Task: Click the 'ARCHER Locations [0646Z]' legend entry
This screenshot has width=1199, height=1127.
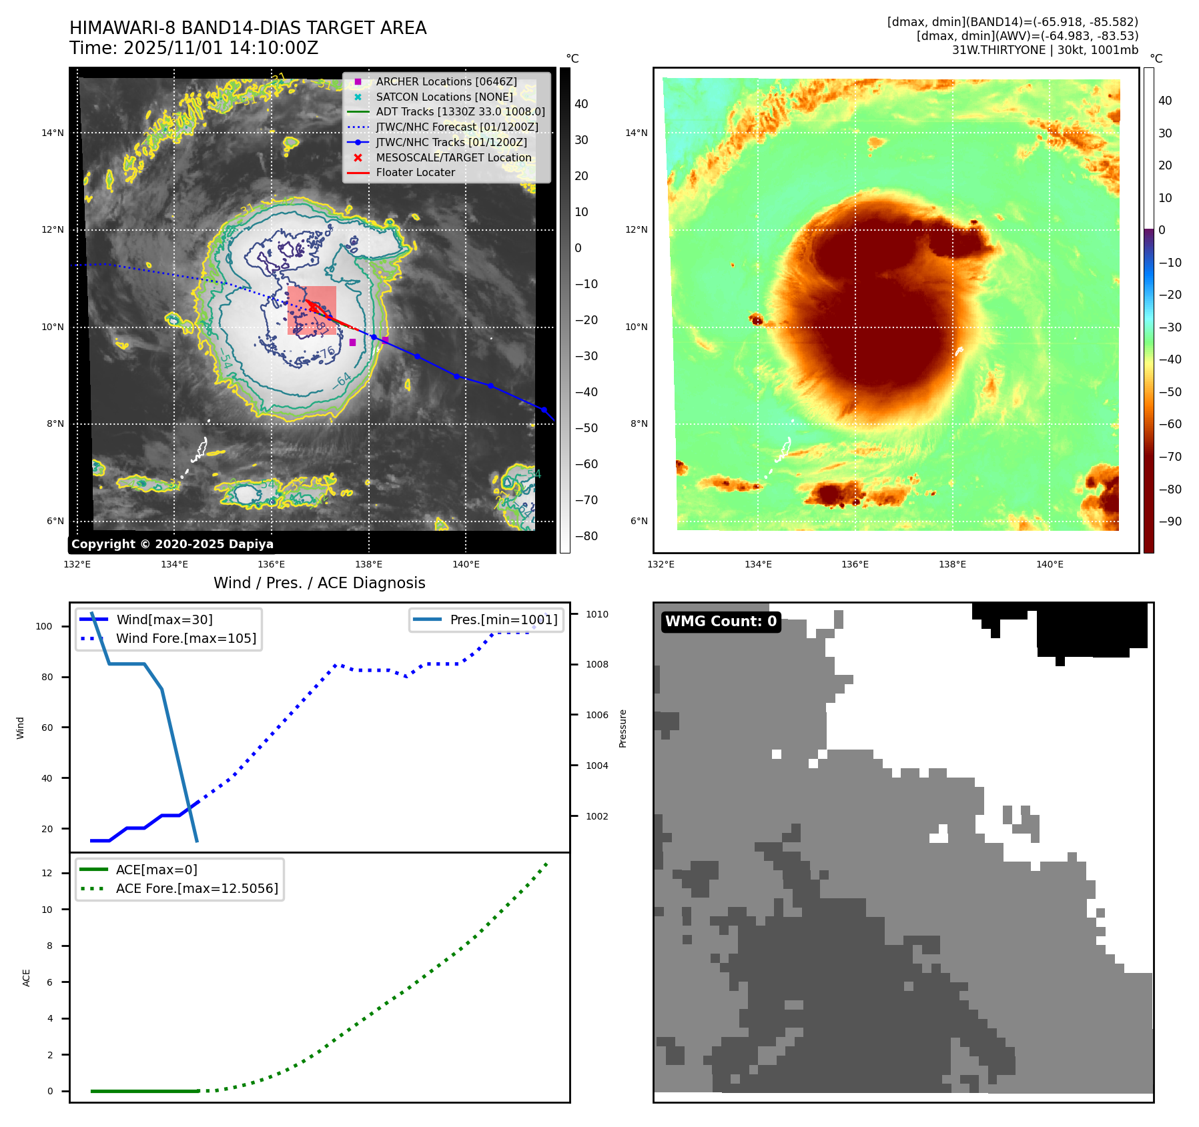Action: tap(446, 81)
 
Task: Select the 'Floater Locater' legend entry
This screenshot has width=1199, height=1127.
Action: tap(415, 172)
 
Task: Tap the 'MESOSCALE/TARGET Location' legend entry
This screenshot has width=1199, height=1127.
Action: tap(453, 157)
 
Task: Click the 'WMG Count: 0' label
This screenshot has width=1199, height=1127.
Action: tap(721, 622)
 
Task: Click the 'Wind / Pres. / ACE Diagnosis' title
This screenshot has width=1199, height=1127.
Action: tap(319, 583)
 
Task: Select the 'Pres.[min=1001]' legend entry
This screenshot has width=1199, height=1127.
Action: tap(503, 620)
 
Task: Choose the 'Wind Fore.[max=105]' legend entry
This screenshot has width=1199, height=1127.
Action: tap(185, 638)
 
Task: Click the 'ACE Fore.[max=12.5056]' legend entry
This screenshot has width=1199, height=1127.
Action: tap(197, 888)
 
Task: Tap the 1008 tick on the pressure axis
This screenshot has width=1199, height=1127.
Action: tap(597, 664)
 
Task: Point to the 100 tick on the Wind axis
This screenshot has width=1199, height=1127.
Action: tap(44, 626)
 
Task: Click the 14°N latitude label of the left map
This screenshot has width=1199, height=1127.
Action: tap(53, 133)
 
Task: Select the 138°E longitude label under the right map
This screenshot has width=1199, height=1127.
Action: tap(952, 564)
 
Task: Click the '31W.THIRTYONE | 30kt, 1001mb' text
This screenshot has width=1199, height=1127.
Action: tap(1045, 50)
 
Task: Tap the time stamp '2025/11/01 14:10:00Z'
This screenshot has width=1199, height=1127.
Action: tap(221, 48)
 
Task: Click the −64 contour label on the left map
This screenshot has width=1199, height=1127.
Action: tap(343, 381)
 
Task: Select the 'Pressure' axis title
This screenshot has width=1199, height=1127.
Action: tap(623, 728)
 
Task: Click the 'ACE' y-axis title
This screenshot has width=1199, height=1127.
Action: tap(27, 978)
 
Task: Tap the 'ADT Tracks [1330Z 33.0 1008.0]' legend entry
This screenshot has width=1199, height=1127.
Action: tap(460, 111)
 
